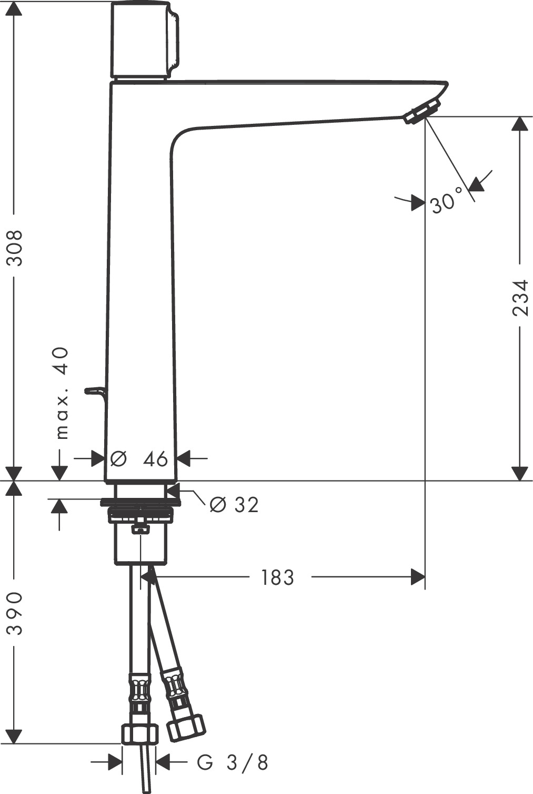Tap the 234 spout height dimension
520,297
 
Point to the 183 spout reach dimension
277,577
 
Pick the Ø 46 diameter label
140,459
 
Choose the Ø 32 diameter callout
234,505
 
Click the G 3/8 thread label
233,762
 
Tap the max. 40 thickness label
62,393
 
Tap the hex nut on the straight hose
139,734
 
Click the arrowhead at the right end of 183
418,577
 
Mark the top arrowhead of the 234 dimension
520,124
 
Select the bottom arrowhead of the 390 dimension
14,736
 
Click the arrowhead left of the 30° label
418,202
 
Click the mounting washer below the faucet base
140,502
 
